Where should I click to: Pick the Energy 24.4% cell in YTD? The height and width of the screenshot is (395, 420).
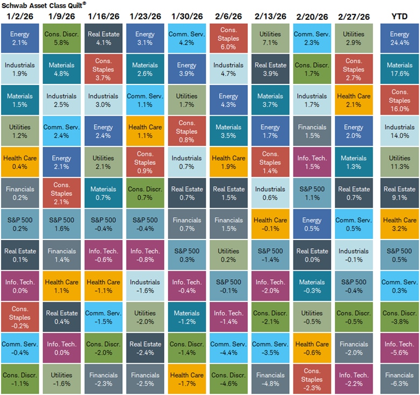pyautogui.click(x=399, y=38)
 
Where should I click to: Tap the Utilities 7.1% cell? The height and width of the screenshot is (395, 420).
pyautogui.click(x=270, y=38)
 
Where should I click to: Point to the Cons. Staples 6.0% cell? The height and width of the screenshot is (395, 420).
pyautogui.click(x=228, y=38)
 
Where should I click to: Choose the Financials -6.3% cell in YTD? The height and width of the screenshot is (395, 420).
pyautogui.click(x=399, y=379)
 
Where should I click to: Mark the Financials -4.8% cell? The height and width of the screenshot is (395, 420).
pyautogui.click(x=270, y=379)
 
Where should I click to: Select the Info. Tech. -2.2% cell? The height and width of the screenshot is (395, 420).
pyautogui.click(x=353, y=379)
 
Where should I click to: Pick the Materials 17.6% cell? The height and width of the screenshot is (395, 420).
pyautogui.click(x=399, y=69)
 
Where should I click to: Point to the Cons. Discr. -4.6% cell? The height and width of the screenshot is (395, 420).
pyautogui.click(x=228, y=379)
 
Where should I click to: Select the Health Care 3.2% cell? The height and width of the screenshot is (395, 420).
pyautogui.click(x=399, y=224)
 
